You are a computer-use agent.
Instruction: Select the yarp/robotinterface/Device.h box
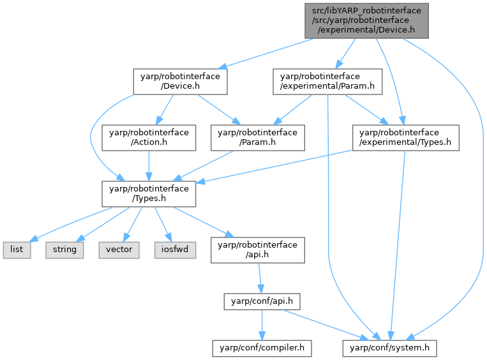(179, 82)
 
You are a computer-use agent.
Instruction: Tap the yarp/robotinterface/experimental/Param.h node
(327, 82)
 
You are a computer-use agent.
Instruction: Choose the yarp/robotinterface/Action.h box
(148, 137)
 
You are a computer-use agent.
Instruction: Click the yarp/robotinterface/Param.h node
(257, 137)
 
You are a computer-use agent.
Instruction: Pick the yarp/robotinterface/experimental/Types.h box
(405, 137)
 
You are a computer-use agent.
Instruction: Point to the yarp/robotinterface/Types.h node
(148, 193)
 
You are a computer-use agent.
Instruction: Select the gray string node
(64, 249)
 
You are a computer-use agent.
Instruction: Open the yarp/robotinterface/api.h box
(257, 249)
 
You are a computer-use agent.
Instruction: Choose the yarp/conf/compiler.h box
(262, 348)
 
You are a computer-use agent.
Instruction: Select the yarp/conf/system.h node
(390, 348)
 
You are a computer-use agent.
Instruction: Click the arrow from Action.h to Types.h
(148, 165)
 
